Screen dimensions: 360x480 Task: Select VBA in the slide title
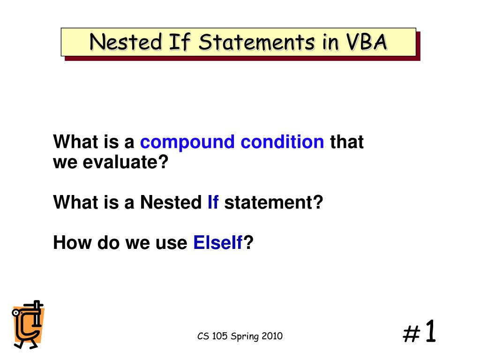[367, 42]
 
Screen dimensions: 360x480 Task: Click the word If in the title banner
[180, 42]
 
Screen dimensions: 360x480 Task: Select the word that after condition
[347, 142]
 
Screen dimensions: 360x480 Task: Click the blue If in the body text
[213, 203]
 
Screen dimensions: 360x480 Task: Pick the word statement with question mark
[274, 203]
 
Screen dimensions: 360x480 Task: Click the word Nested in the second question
[171, 203]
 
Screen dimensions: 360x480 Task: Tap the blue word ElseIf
[218, 243]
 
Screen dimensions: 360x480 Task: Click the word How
[73, 243]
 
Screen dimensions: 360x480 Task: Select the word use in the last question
[172, 243]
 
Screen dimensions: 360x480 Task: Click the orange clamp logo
[28, 324]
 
